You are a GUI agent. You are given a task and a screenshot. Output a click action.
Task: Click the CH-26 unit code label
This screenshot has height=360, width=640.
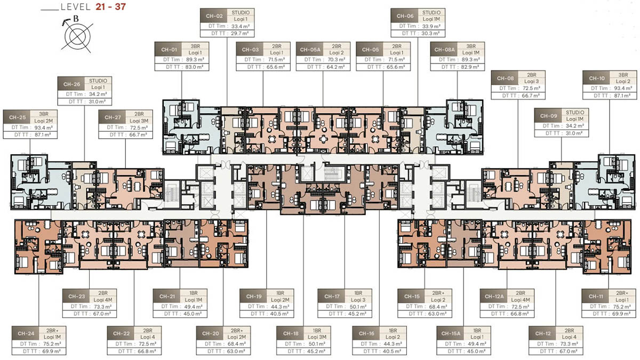tap(71, 84)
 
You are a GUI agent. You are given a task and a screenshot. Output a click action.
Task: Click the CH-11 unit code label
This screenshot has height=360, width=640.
tap(596, 297)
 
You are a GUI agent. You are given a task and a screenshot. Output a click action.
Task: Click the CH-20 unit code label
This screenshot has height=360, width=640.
tap(210, 334)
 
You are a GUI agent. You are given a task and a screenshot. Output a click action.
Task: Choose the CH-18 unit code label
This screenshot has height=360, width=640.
tap(291, 334)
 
